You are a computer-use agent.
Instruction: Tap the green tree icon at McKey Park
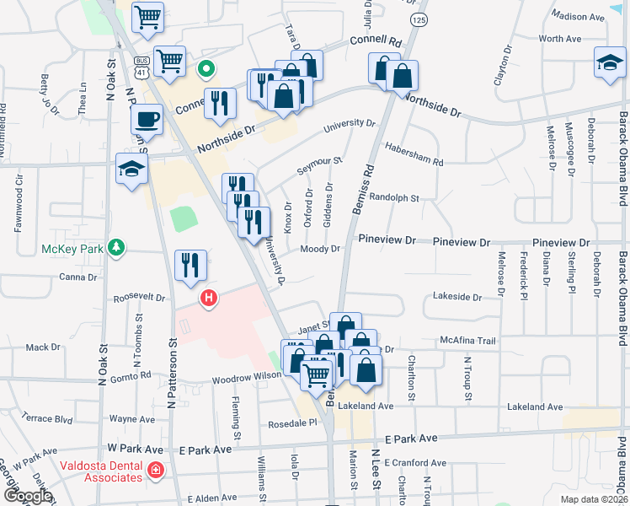[x=119, y=247]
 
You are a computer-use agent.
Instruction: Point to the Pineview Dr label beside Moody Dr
[x=387, y=240]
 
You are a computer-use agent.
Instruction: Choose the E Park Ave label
[x=411, y=439]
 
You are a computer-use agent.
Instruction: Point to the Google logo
[x=27, y=496]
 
